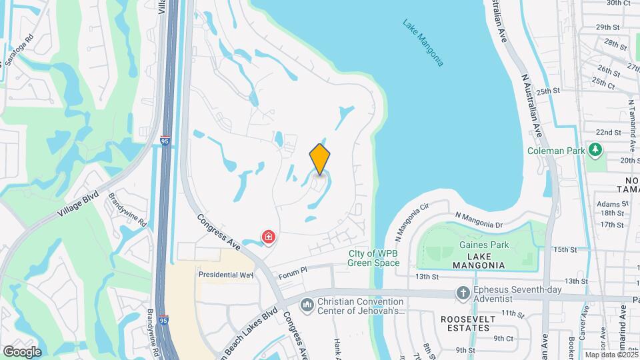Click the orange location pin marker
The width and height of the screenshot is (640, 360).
(320, 159)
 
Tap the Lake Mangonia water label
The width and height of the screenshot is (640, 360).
(423, 42)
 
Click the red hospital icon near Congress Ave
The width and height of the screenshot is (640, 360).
(269, 237)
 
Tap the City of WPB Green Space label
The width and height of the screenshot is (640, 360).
(373, 257)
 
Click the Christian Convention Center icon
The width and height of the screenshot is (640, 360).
(307, 305)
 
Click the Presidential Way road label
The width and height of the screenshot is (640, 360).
(226, 274)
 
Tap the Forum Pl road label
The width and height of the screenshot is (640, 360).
(292, 271)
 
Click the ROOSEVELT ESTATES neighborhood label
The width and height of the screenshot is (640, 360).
(470, 324)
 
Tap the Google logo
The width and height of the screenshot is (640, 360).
(22, 351)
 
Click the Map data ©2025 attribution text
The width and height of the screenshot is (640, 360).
(611, 355)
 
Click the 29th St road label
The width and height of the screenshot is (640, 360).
(607, 27)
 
